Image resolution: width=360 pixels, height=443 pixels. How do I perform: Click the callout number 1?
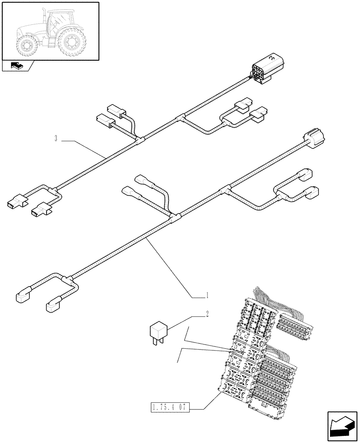click(x=207, y=294)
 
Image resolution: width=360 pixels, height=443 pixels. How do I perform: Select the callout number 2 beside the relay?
click(x=207, y=314)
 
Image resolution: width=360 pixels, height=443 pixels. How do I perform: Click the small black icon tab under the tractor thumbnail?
click(x=18, y=66)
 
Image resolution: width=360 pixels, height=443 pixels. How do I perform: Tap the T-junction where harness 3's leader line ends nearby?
click(x=139, y=140)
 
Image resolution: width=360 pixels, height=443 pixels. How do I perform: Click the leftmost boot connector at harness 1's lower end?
click(x=23, y=296)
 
